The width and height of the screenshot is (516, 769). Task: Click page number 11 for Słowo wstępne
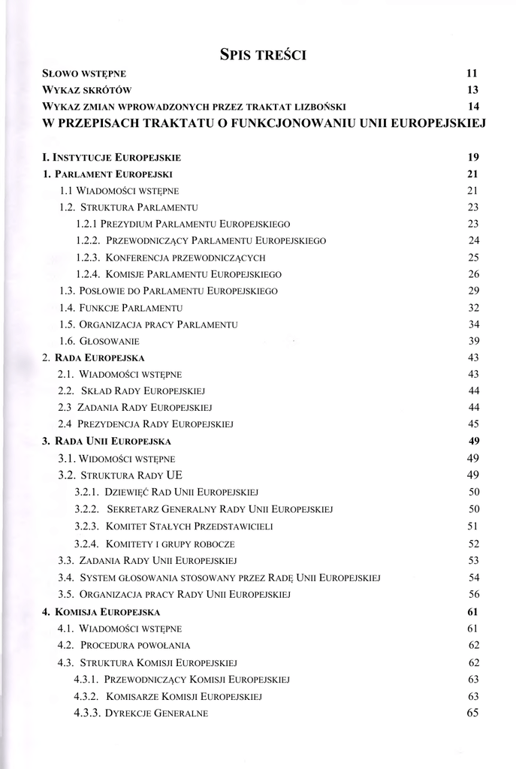coord(472,74)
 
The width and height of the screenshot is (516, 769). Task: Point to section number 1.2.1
coord(89,224)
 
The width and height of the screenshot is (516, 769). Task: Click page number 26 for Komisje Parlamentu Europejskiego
coord(473,273)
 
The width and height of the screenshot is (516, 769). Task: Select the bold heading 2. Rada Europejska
coord(93,357)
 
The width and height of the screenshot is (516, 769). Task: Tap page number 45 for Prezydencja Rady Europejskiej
coord(473,424)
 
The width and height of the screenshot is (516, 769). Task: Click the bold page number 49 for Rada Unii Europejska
coord(473,440)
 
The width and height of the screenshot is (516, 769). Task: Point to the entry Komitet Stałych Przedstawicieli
coord(189,526)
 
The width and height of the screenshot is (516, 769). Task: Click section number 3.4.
coord(66,578)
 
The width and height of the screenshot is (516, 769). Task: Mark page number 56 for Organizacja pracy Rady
coord(473,594)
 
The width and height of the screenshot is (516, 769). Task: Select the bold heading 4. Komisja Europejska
coord(101,612)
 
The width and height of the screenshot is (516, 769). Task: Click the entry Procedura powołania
coord(136,645)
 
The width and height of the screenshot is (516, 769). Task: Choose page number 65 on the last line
coord(472,713)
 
